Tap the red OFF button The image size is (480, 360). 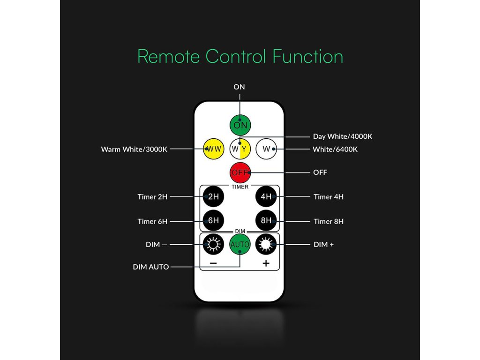(x=240, y=172)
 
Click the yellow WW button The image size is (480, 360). (x=213, y=149)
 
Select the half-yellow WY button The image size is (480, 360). (x=240, y=149)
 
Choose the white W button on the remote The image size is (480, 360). (x=266, y=149)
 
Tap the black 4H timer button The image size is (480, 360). (x=266, y=196)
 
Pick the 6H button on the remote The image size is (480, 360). (x=213, y=221)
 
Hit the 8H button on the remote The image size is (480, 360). (x=266, y=221)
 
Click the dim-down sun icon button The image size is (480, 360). (x=213, y=244)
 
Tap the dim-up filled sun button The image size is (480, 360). (x=266, y=244)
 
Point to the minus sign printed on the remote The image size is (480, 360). (x=213, y=263)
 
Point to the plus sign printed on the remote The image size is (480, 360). (x=266, y=263)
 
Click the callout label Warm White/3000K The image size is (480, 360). (x=134, y=150)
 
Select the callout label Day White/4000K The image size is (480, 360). (x=343, y=136)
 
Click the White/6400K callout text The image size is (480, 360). (x=335, y=150)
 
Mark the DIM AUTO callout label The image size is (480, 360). (x=151, y=267)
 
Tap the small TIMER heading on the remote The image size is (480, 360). (x=240, y=187)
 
